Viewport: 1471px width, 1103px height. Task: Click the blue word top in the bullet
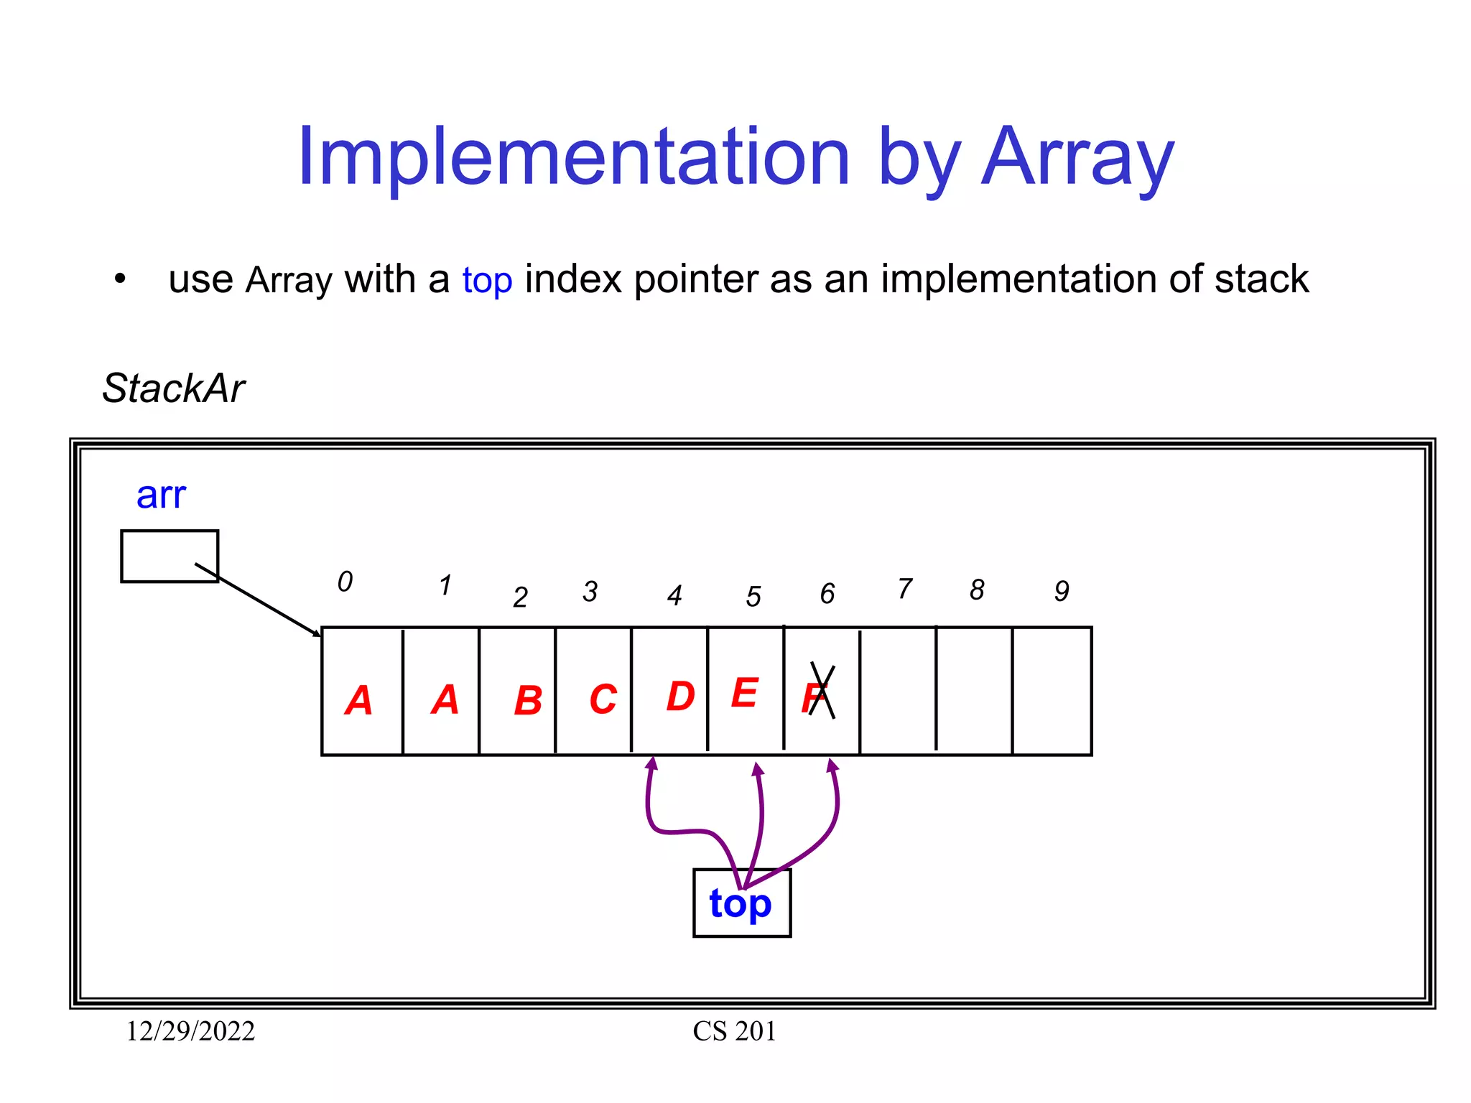(487, 280)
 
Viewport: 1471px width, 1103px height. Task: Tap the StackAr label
(173, 388)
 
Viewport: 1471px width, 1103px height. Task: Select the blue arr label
(161, 495)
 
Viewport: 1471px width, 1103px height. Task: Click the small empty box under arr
(170, 556)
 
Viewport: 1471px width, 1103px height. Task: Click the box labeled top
(741, 903)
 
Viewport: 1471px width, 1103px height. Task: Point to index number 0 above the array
(345, 582)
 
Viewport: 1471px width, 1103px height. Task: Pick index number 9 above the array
(1062, 591)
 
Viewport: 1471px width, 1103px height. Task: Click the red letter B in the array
(528, 700)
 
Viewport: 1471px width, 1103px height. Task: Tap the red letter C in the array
(603, 699)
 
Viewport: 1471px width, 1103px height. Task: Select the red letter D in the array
(680, 696)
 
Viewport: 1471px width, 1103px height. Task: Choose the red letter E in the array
(745, 693)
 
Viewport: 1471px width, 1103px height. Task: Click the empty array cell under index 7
(898, 691)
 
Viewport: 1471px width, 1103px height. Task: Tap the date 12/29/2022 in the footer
(190, 1031)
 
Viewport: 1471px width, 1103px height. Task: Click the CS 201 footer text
(734, 1031)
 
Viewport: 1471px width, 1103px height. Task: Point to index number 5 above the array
(753, 597)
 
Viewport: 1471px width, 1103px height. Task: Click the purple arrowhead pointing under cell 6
(832, 765)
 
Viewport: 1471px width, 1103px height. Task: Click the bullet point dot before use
(120, 279)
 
